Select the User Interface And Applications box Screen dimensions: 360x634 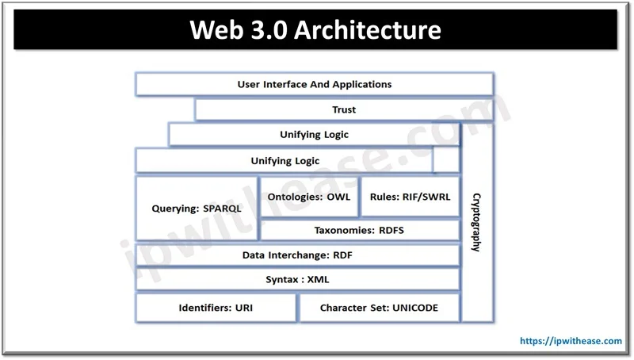pos(315,84)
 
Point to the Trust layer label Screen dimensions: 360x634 pos(344,109)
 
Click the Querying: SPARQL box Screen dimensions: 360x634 pos(197,209)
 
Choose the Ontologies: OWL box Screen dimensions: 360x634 pos(308,196)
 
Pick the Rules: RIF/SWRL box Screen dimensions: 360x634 pos(410,196)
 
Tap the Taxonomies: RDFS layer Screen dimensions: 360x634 pos(359,231)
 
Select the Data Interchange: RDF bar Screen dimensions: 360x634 pos(298,255)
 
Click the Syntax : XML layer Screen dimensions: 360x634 pos(298,280)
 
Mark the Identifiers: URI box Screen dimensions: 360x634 pos(216,307)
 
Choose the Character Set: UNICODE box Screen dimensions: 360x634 pos(379,307)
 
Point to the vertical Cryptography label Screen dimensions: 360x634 pos(475,222)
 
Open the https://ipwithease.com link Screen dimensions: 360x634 pos(571,341)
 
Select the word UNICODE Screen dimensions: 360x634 pos(412,307)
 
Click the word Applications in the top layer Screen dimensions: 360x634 pos(361,84)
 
